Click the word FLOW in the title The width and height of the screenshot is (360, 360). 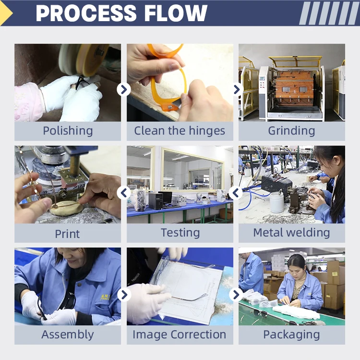point(176,13)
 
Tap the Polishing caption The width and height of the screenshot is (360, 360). point(68,131)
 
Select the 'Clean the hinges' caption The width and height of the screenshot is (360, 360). point(180,131)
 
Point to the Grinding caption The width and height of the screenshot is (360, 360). point(291,131)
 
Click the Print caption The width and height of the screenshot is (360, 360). point(68,234)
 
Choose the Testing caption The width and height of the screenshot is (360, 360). point(180,233)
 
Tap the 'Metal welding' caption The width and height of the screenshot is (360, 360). point(291,233)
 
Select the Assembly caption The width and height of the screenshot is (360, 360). point(68,335)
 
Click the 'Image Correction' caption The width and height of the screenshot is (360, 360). point(180,335)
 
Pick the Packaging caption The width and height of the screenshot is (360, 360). point(291,335)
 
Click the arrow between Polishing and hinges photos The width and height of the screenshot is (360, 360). point(124,89)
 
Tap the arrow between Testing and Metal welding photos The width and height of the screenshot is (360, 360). point(236,193)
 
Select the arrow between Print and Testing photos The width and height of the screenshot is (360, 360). point(124,193)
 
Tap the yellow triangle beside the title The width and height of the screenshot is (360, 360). point(5,13)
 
